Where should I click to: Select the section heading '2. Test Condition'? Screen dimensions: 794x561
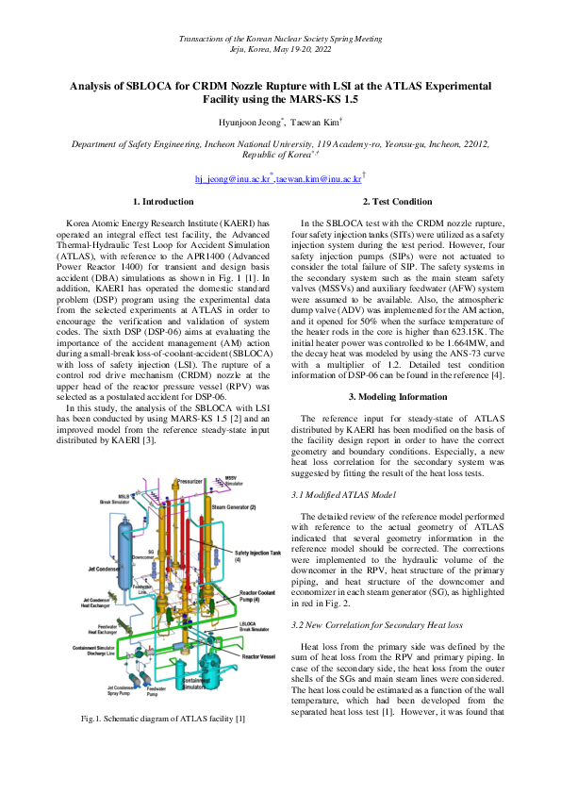tap(397, 202)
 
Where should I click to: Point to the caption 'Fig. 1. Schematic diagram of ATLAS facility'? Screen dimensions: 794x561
tap(163, 747)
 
